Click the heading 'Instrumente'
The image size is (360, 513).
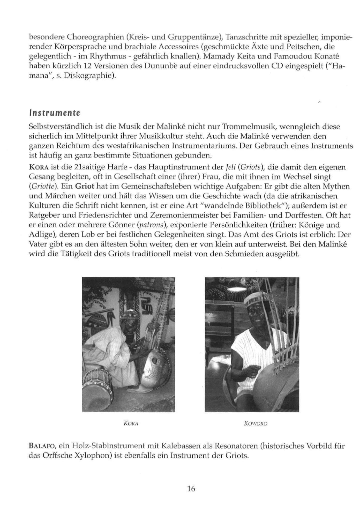(x=54, y=113)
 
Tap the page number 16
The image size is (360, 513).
(x=191, y=489)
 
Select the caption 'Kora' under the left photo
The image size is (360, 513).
(x=131, y=424)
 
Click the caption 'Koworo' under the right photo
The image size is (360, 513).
(x=256, y=424)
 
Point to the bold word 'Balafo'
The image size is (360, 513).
(x=41, y=446)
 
